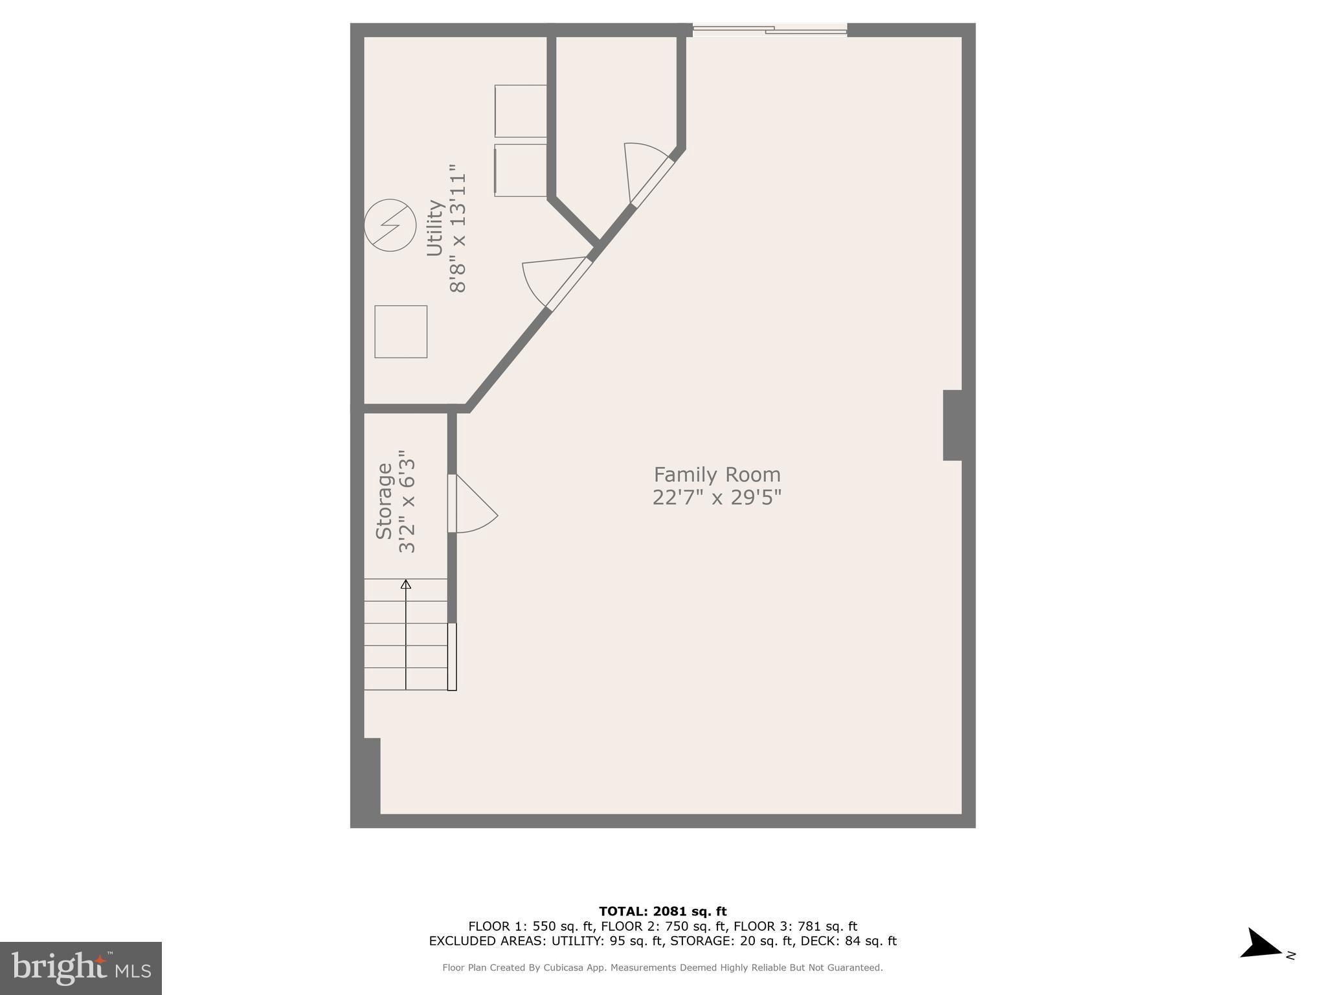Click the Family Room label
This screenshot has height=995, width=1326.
[717, 475]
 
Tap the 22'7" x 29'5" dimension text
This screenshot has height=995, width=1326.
[717, 497]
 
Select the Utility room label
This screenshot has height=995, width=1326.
[434, 228]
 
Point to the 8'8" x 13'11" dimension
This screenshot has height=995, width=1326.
[458, 228]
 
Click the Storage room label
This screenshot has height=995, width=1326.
[384, 501]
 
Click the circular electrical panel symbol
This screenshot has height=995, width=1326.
[390, 225]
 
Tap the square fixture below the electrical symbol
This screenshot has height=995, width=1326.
[401, 332]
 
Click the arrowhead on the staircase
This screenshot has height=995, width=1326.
[406, 584]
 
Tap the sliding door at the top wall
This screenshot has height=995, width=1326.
[769, 30]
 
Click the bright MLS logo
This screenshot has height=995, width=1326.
[81, 968]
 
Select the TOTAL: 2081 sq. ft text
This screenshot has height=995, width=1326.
[662, 911]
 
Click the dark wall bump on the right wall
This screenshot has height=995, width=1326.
[952, 425]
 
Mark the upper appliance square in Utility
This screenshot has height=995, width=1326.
[521, 111]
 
